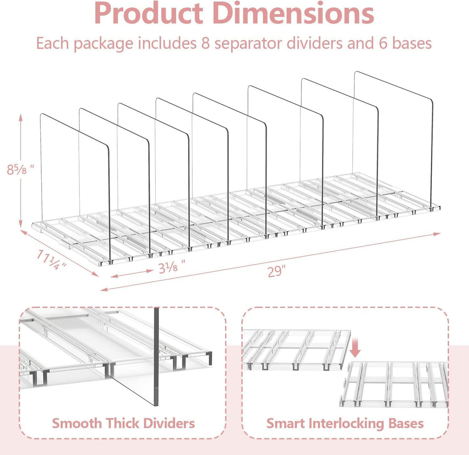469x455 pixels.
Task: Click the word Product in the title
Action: tap(149, 13)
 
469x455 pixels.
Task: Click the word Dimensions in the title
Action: tap(294, 13)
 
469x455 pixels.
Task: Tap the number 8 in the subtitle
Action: tap(205, 43)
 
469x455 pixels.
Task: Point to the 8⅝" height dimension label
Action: tap(20, 170)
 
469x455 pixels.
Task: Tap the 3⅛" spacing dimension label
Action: tap(172, 266)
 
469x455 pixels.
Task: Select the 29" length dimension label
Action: tap(277, 271)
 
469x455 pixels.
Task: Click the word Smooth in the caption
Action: tap(76, 423)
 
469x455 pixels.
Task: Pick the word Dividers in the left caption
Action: tap(169, 423)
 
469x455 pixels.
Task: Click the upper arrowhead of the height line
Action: tap(21, 117)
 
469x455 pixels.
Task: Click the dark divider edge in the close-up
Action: tap(157, 356)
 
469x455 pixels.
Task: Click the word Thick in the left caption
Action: tap(122, 423)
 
